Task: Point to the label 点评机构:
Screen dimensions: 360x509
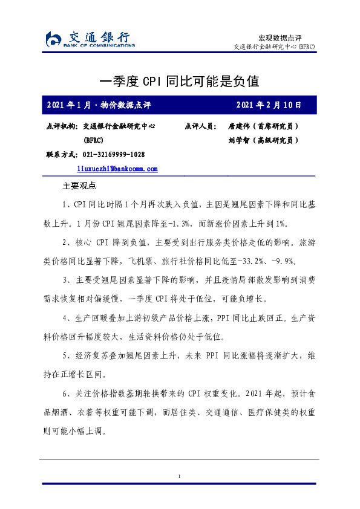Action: pos(61,127)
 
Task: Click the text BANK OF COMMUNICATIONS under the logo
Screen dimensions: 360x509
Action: pos(99,46)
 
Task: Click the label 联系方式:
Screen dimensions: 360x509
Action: pos(61,154)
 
